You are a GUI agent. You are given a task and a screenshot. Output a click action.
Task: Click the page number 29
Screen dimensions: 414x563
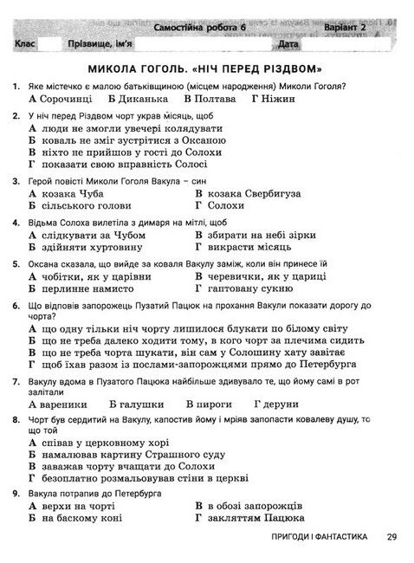(391, 538)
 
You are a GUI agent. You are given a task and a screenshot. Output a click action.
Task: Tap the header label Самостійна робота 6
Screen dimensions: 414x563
(198, 28)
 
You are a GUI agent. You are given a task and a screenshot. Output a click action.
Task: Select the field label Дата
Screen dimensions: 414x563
(288, 43)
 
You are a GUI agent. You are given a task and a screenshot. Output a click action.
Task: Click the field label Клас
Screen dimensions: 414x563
(26, 43)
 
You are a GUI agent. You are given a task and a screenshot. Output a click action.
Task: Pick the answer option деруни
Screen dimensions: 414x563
(278, 404)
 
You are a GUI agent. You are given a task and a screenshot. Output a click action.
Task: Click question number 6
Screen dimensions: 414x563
(16, 306)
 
